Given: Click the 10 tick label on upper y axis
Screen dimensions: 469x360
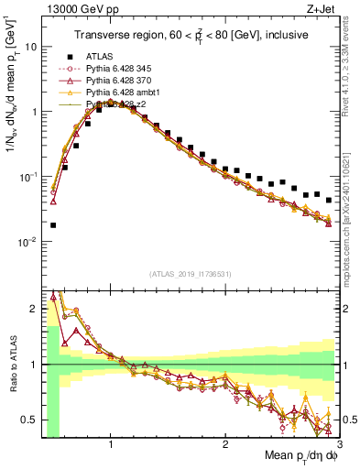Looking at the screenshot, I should (x=30, y=46).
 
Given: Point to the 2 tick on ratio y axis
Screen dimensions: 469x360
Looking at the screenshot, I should (x=35, y=309).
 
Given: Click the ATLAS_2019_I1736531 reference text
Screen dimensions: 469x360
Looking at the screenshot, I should (x=191, y=273).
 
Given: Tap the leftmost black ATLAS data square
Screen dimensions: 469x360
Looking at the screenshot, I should (x=53, y=224).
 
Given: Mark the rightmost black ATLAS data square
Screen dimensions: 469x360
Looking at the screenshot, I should (x=329, y=200).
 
